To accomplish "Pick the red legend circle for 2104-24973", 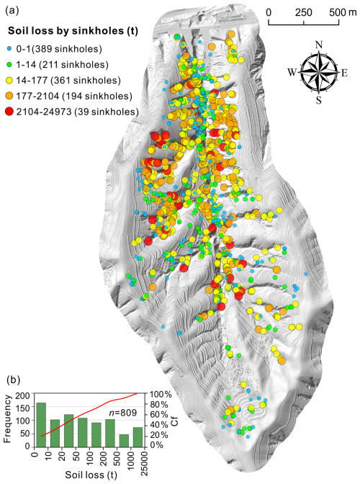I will coord(9,110).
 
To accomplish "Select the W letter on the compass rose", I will coord(291,71).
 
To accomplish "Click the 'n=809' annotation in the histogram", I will coord(116,413).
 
